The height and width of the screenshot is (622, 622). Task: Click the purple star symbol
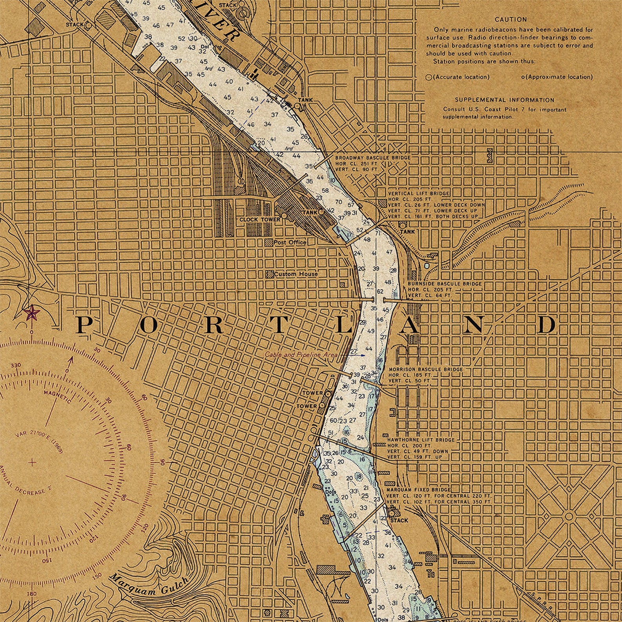click(31, 313)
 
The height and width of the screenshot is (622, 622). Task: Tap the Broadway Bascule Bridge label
click(372, 157)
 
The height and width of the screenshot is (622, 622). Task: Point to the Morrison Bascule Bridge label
click(425, 369)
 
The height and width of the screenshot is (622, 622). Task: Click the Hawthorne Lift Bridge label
click(421, 440)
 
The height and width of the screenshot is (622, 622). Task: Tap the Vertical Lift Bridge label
click(418, 193)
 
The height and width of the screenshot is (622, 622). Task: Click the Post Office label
click(290, 242)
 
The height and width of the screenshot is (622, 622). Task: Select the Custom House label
click(296, 274)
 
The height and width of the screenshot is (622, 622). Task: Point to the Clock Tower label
click(260, 220)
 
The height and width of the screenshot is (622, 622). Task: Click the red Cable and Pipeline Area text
click(301, 354)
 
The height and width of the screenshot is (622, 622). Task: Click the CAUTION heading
click(511, 19)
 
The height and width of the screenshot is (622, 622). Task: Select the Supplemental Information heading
click(504, 100)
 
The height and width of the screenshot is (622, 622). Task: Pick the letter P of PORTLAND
click(85, 325)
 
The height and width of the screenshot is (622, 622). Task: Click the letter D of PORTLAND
click(546, 325)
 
